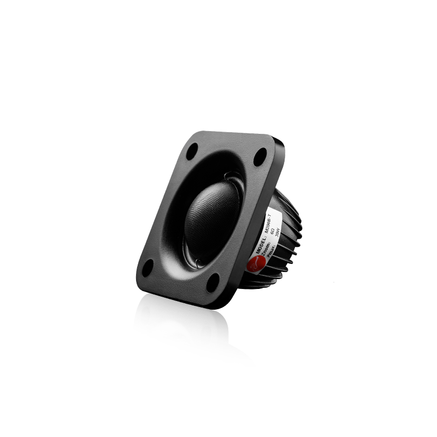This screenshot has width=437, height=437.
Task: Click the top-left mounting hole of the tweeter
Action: [192, 151]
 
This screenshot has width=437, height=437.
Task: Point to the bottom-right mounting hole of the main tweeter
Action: [213, 281]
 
